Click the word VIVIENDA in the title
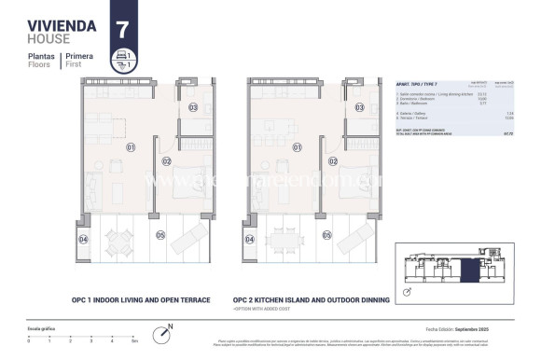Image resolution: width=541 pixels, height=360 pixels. point(62,26)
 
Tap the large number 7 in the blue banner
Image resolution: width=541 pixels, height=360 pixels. point(121,28)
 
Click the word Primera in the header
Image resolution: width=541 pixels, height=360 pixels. point(78,57)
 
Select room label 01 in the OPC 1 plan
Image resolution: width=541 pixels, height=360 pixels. point(132,146)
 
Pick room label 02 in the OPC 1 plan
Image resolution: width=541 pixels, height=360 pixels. point(164,160)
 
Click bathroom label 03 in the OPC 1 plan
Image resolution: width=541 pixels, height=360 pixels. point(193,107)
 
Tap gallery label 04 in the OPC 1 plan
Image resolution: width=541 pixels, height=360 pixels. point(83,240)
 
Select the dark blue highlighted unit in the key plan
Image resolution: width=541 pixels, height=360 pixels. point(468,270)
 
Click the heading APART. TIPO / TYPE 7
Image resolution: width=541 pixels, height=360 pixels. point(418,83)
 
